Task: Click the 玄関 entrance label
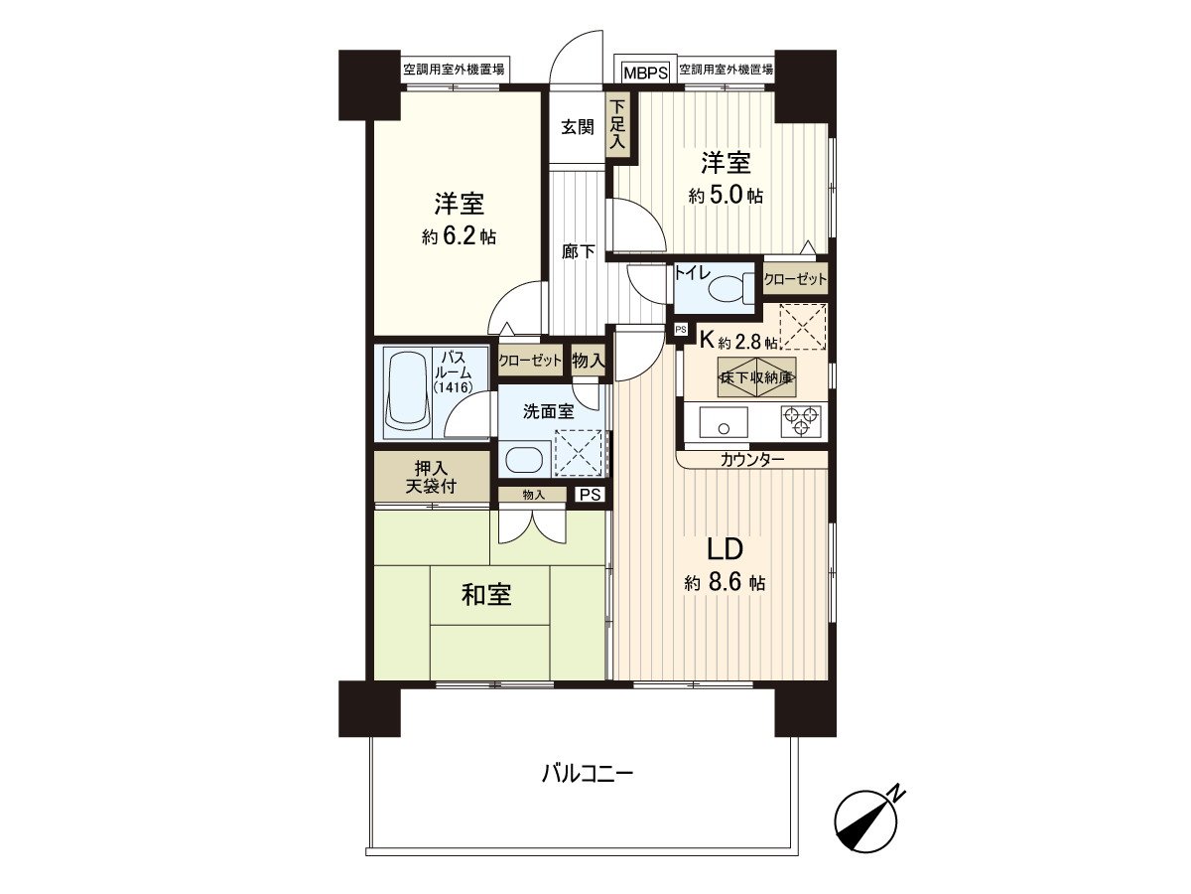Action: click(x=577, y=127)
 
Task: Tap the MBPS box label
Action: click(x=644, y=72)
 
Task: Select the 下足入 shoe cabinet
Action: click(x=617, y=124)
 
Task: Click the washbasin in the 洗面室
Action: click(x=522, y=460)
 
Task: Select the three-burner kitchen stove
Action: click(x=801, y=421)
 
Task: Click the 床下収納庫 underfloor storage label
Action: click(x=749, y=377)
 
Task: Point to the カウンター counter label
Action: click(x=752, y=459)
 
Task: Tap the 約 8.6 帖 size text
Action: click(x=725, y=584)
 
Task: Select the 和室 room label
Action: click(x=486, y=595)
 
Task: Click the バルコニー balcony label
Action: click(x=588, y=772)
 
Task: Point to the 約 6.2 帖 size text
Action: click(x=459, y=236)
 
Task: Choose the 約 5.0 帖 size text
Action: click(x=726, y=196)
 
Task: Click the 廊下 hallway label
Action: click(x=578, y=251)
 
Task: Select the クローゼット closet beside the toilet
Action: click(x=795, y=279)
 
